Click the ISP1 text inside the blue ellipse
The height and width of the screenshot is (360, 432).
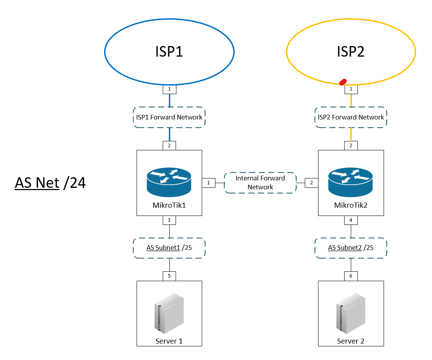[169, 52]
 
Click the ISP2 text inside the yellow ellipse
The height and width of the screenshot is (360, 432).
[350, 52]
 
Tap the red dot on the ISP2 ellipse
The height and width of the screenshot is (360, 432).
[343, 82]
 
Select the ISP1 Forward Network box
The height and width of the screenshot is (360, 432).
[169, 117]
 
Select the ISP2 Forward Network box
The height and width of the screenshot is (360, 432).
[350, 117]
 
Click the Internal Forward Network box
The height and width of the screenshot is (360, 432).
[260, 183]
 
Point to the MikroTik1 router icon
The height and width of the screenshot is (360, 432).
[169, 181]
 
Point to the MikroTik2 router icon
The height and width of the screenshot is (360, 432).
[350, 181]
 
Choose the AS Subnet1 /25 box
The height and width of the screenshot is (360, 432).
[169, 248]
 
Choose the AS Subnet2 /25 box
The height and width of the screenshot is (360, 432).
[350, 248]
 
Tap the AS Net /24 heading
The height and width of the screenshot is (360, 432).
[50, 183]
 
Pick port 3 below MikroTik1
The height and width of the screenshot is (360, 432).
[169, 220]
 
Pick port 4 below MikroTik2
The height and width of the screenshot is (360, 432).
[351, 220]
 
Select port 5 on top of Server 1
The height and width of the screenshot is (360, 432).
[169, 276]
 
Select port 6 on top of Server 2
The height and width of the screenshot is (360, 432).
[351, 276]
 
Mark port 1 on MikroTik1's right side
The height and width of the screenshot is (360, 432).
[208, 183]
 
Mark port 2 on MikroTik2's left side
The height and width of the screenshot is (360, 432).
[311, 183]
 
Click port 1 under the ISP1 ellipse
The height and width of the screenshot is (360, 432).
[169, 89]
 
